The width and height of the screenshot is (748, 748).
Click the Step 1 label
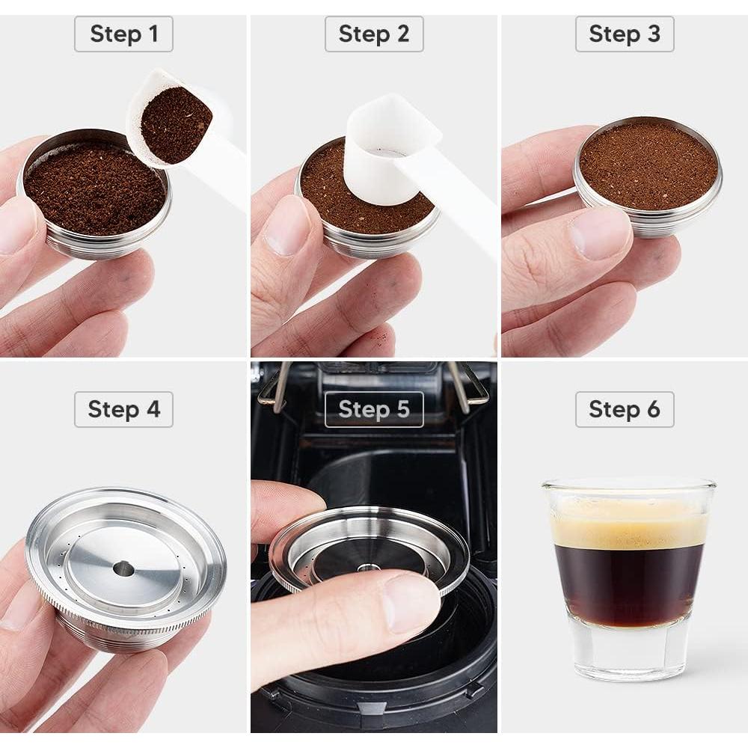123,34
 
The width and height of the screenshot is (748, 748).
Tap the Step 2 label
374,34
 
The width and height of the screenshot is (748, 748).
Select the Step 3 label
625,34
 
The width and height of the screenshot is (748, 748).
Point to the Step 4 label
123,409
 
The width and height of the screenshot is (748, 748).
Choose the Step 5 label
374,409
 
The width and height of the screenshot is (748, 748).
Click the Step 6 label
625,409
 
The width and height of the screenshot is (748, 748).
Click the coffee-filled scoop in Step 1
176,123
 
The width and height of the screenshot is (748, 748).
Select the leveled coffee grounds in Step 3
648,165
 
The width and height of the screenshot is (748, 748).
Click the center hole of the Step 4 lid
123,569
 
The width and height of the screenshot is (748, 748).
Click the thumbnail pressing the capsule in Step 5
408,598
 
